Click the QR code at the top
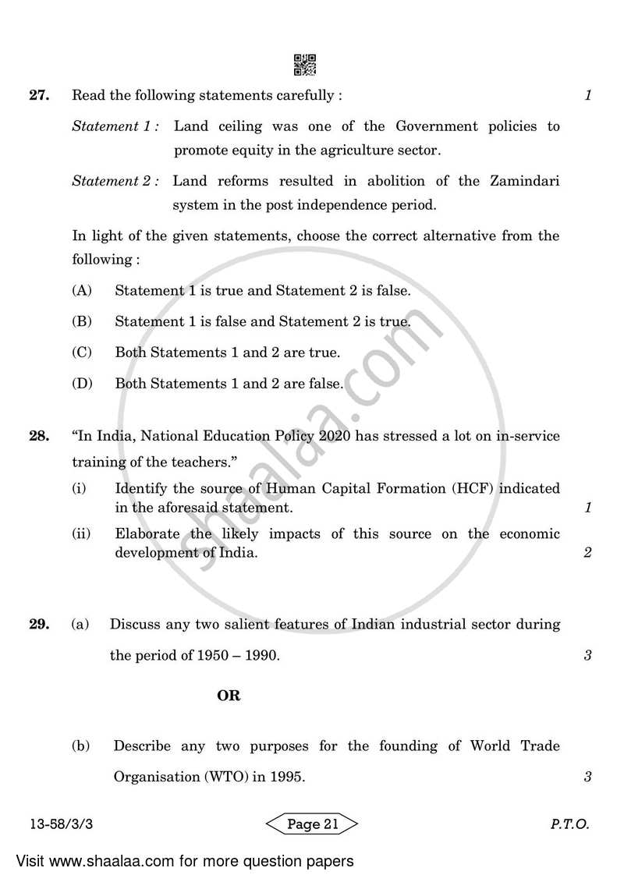pos(305,66)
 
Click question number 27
pos(39,96)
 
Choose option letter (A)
pos(82,291)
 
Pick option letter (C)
pos(82,352)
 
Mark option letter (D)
pos(82,384)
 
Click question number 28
pos(39,437)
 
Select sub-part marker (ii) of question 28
pos(80,534)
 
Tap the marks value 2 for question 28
pos(587,554)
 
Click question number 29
pos(39,625)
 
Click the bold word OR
pos(229,696)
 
